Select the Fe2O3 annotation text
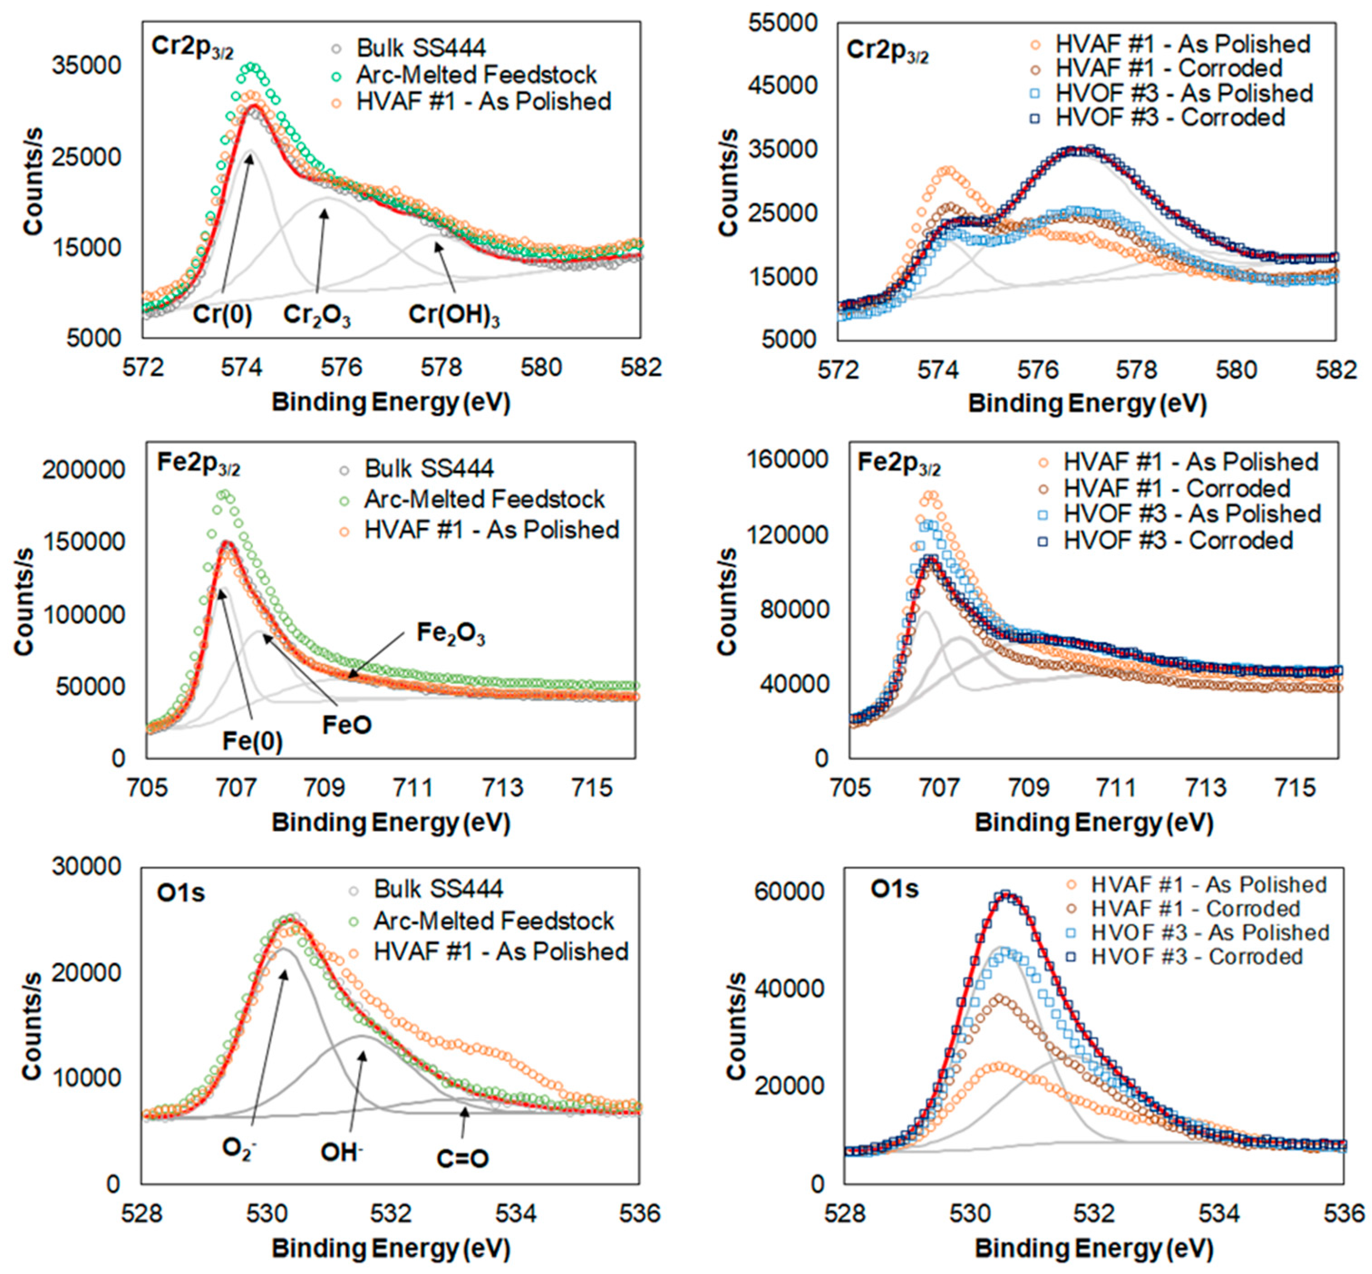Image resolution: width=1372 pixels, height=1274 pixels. coord(451,634)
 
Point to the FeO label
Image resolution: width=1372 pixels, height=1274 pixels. coord(347,725)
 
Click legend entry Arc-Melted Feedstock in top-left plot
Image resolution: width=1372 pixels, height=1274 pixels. coord(476,74)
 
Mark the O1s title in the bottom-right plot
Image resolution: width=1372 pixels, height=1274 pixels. coord(894,889)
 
